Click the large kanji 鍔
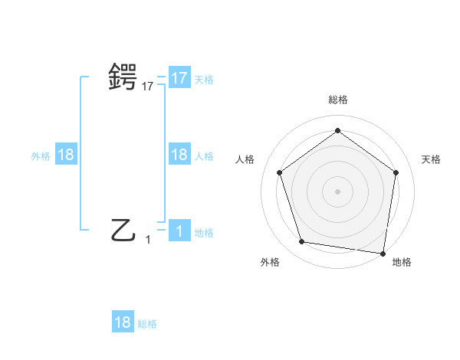123,77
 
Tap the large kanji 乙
123,228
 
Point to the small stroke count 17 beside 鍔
148,87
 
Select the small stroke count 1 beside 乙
148,240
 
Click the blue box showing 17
179,77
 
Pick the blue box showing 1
179,231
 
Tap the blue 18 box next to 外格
66,155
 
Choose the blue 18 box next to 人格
179,155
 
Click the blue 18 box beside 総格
123,322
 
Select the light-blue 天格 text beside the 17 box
204,79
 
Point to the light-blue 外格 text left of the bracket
41,156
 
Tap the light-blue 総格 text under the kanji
147,324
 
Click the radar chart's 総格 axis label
337,100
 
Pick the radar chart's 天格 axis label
431,159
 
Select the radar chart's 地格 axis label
402,262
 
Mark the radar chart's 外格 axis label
270,262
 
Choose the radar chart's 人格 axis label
245,159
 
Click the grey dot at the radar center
337,191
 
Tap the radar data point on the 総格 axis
337,131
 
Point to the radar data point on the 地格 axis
383,253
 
